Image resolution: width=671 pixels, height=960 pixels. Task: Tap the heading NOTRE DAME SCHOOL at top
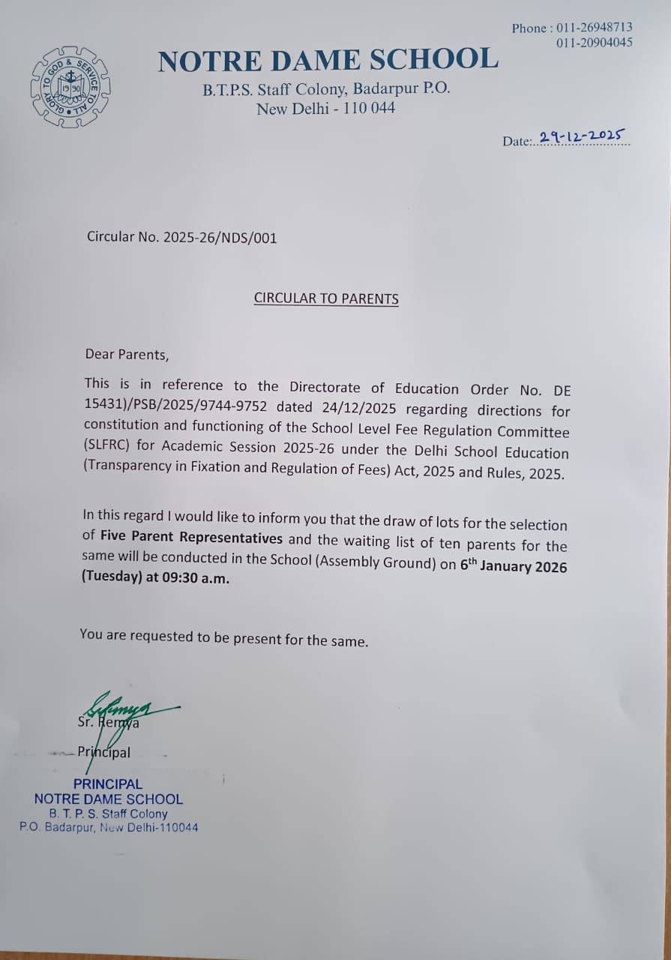(328, 60)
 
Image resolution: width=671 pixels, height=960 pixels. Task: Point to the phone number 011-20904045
(595, 43)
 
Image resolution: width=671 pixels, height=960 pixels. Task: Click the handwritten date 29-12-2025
(583, 136)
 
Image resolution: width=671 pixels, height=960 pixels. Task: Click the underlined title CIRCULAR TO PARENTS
(326, 298)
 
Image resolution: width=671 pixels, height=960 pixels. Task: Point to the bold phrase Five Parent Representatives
(191, 538)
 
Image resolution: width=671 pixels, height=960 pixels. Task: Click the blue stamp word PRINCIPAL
(108, 784)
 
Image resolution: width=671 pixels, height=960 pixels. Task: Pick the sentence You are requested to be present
(224, 638)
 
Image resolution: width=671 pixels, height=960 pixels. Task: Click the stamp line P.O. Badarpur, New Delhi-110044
(109, 828)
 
